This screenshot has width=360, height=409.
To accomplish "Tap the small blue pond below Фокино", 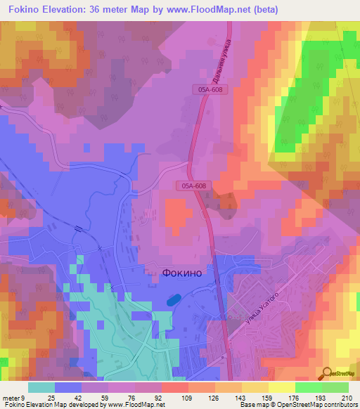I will pos(171,300).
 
